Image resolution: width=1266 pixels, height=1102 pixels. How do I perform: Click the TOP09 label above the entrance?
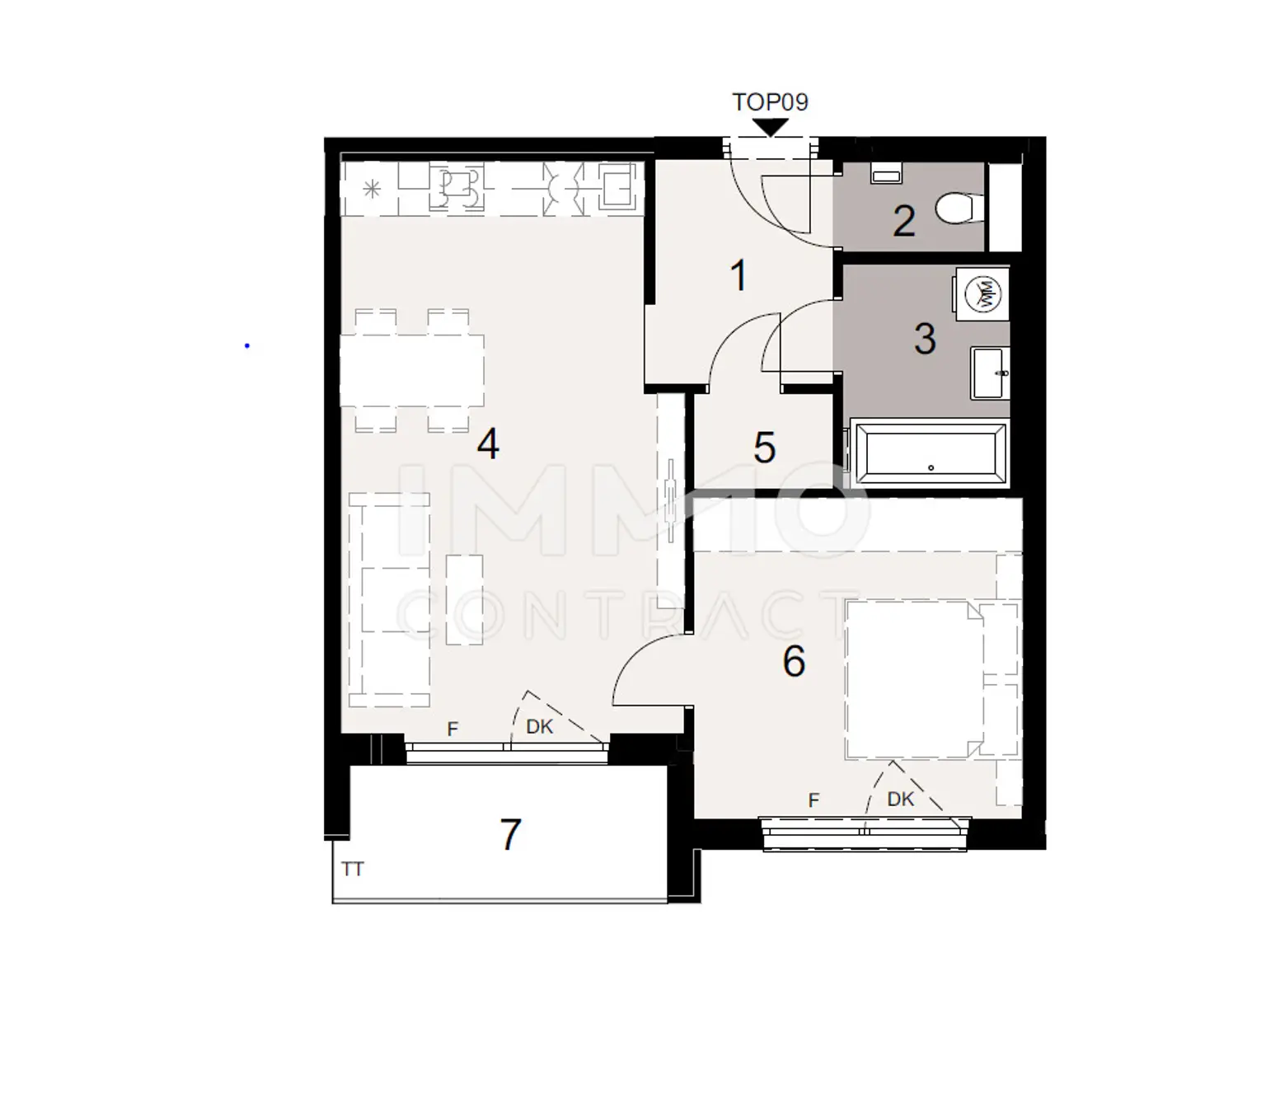point(770,102)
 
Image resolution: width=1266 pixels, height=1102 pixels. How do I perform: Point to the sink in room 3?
point(990,373)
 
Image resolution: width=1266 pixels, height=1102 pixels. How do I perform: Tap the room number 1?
point(739,275)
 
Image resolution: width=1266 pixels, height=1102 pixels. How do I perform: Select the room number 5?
point(764,448)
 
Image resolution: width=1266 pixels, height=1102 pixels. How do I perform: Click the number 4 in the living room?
point(488,445)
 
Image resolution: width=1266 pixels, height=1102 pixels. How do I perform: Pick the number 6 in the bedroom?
point(794,661)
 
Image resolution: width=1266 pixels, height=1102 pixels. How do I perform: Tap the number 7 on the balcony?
point(511,834)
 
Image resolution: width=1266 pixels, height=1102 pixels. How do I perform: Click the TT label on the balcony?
point(353,869)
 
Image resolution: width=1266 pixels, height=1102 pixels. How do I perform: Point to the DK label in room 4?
point(540,726)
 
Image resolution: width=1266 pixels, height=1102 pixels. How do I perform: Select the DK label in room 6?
point(901,799)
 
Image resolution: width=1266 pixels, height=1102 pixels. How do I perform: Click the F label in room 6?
point(814,800)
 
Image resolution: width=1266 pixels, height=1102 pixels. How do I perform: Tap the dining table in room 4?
point(412,370)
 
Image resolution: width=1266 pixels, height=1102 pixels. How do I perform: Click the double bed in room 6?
point(913,679)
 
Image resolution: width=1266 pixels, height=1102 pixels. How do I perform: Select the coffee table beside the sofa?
point(464,599)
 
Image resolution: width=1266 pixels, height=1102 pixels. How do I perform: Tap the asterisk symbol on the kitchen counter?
point(372,190)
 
